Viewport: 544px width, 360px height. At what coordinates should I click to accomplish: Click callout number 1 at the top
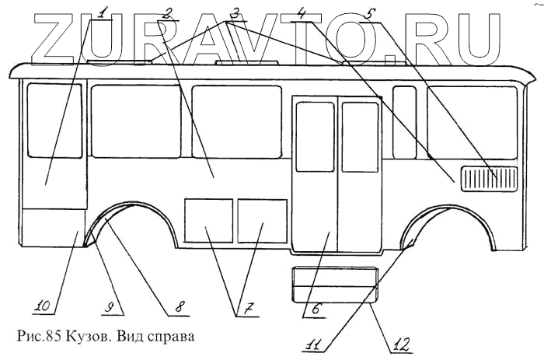(106, 12)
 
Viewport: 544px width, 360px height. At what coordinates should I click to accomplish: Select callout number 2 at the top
(166, 12)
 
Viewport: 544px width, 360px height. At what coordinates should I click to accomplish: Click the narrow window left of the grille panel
(404, 122)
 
